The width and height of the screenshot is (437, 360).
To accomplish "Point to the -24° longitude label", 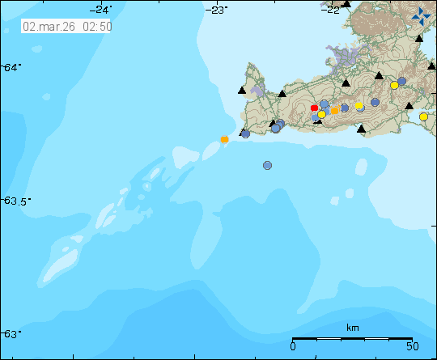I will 102,9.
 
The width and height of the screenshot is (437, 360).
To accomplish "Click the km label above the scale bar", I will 352,328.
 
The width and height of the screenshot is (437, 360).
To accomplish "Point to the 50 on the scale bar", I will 411,346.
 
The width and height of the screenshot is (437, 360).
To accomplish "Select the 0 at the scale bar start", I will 293,346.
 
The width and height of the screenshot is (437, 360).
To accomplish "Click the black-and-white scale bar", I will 352,338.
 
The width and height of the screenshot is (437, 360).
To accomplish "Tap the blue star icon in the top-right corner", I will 422,15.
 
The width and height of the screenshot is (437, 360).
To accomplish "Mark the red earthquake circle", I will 315,108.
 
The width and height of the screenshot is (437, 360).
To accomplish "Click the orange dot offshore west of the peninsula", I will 224,139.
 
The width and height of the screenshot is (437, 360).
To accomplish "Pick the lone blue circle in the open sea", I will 267,165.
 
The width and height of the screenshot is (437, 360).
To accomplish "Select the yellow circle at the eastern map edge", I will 423,117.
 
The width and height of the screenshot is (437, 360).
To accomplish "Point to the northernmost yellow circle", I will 395,85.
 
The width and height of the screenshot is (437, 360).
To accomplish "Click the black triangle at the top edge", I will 346,3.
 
